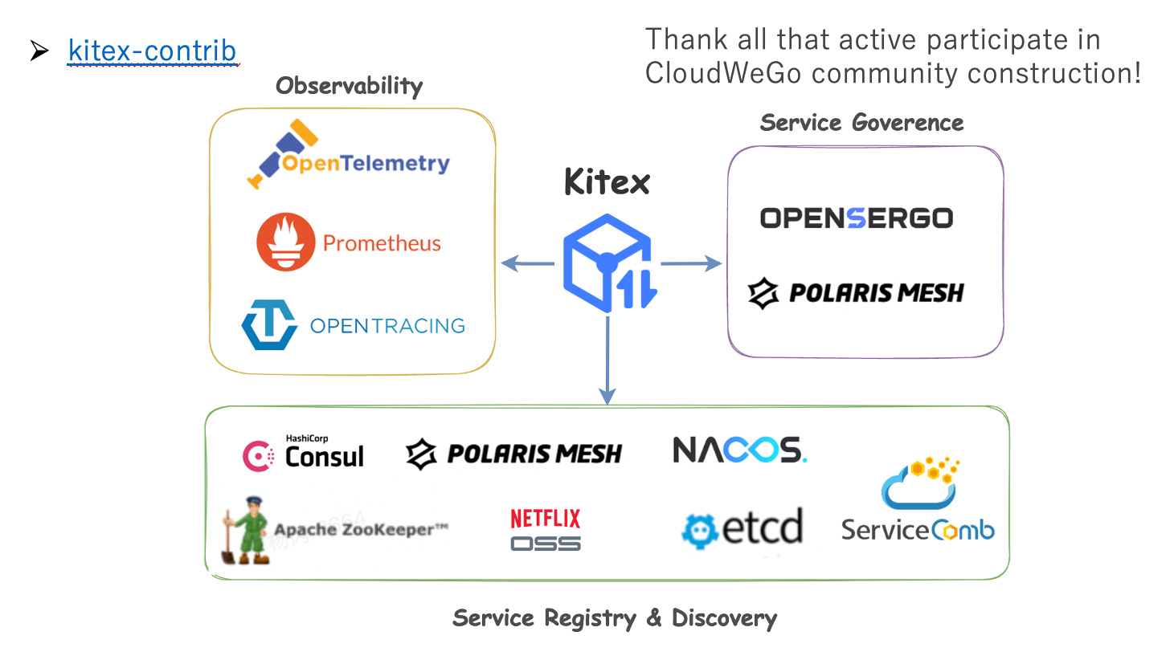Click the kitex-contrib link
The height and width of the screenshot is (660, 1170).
(153, 51)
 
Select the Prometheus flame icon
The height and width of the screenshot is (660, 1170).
(286, 243)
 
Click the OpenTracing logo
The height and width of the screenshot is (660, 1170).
(354, 325)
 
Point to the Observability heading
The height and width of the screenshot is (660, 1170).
(349, 86)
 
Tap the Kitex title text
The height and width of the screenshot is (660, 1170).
(607, 182)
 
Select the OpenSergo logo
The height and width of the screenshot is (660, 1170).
(856, 218)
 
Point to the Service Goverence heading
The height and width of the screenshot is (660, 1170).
(861, 123)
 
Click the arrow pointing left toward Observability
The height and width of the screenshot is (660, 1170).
(527, 263)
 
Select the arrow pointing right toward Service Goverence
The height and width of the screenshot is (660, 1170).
(691, 263)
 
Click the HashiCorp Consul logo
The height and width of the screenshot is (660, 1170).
(303, 454)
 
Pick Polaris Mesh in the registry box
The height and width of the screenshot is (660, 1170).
(514, 454)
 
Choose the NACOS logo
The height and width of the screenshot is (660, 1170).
(739, 450)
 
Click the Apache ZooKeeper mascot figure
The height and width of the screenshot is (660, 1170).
(246, 531)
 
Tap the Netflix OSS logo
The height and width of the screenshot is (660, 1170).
(546, 530)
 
